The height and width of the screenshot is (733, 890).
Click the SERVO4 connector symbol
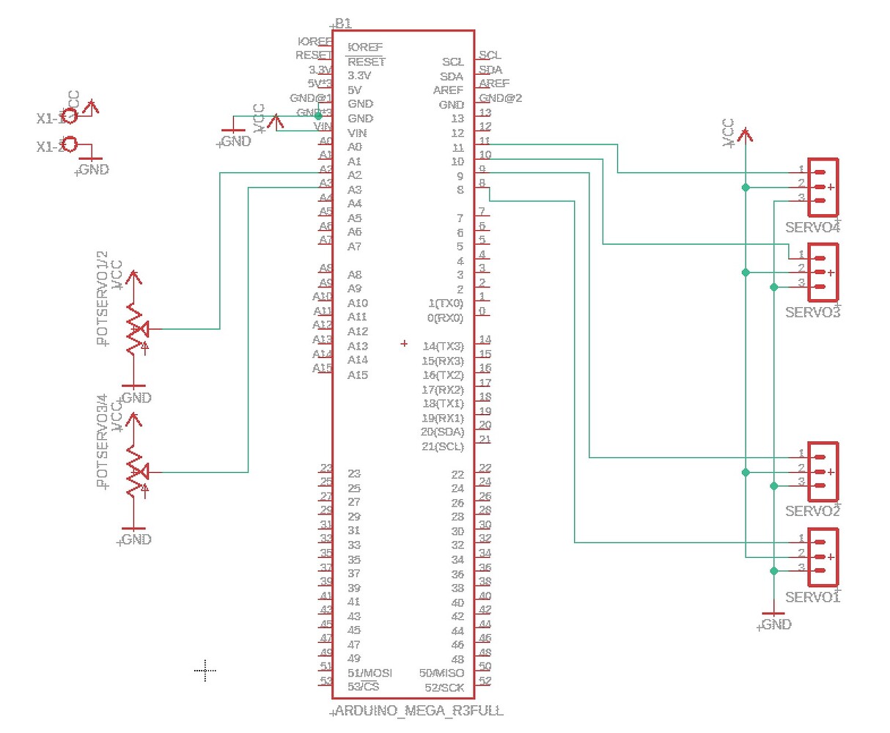tap(823, 188)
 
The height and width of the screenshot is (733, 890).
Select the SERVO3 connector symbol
tap(823, 273)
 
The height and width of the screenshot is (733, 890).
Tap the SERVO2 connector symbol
tap(823, 472)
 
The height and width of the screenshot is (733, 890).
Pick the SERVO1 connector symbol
tap(823, 557)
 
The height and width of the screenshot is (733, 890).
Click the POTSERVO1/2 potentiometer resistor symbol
tap(134, 329)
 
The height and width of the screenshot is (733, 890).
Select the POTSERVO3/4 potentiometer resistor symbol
tap(134, 472)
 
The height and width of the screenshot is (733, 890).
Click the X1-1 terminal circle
tap(70, 116)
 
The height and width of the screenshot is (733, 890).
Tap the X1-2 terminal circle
tap(70, 144)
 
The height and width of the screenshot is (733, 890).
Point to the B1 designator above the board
tap(342, 23)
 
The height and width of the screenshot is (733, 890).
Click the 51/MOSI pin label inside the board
tap(369, 673)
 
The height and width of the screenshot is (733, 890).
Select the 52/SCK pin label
tap(444, 688)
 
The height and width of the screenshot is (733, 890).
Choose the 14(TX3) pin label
tap(443, 346)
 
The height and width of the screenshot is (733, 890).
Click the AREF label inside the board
tap(448, 90)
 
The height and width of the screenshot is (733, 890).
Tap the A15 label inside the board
tap(358, 375)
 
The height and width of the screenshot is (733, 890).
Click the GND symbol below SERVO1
tap(773, 614)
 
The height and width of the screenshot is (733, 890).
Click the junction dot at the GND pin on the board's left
tap(318, 116)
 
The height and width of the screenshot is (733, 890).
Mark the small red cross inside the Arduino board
tap(404, 343)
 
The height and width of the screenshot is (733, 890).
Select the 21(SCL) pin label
tap(442, 446)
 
